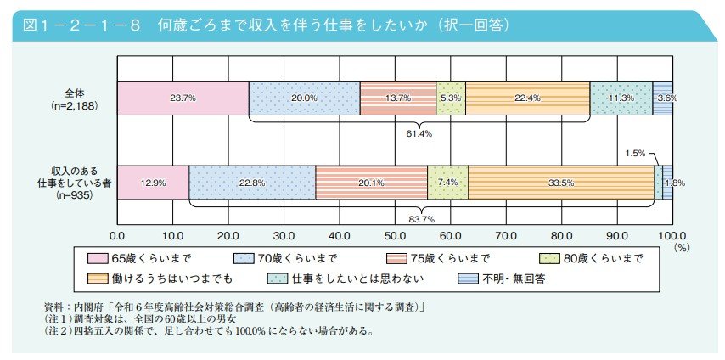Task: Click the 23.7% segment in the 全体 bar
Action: (x=183, y=98)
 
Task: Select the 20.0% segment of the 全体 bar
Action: (x=304, y=98)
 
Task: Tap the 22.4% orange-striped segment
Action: (x=527, y=98)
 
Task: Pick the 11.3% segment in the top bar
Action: (x=621, y=98)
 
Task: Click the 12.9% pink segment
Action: (x=153, y=183)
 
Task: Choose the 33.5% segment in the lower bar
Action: (x=560, y=183)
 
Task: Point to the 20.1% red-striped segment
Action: (x=371, y=183)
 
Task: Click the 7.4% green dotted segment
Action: (x=447, y=183)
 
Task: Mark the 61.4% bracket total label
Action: (x=419, y=132)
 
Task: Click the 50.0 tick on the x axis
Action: (x=395, y=233)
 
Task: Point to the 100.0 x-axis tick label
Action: (x=672, y=233)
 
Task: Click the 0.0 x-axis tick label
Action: (x=118, y=233)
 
